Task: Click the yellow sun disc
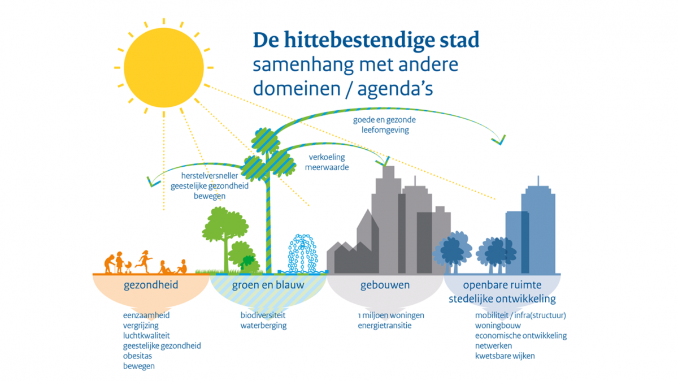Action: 164,67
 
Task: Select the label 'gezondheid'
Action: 151,285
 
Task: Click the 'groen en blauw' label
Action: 268,285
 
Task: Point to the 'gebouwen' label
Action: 385,285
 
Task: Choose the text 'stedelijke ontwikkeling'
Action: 502,299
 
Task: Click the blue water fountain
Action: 303,254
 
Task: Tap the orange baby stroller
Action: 128,267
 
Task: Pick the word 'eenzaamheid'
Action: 146,315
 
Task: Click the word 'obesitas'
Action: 137,356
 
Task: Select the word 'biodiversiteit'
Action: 263,315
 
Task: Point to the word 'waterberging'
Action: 263,326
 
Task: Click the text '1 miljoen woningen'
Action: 391,315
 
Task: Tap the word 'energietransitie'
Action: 384,326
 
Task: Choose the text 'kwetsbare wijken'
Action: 505,356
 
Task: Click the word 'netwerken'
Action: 493,345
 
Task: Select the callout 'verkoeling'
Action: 327,157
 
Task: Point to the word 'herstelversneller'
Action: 210,176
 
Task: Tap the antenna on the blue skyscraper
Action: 538,180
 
